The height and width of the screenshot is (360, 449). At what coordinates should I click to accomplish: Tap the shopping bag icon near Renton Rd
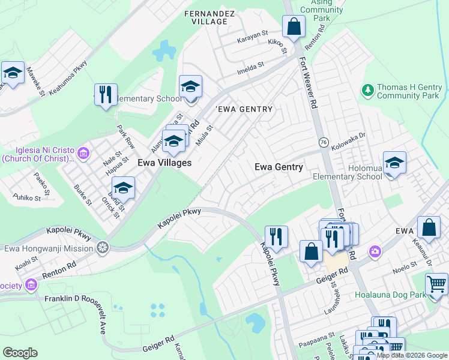point(294,27)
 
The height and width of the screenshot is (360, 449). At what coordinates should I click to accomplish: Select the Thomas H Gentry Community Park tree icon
point(368,91)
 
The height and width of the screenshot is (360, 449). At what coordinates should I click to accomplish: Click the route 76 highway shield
point(322,142)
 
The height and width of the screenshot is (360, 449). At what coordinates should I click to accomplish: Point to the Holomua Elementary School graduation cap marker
point(394,163)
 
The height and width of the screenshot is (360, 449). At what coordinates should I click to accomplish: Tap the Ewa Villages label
point(164,163)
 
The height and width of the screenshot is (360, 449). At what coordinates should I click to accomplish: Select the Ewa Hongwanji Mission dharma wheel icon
point(103,247)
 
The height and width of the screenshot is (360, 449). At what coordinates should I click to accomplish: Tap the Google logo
point(20,353)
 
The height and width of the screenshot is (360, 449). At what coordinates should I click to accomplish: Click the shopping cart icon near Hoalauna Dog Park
point(436,284)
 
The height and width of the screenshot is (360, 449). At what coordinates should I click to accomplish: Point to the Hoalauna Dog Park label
point(390,295)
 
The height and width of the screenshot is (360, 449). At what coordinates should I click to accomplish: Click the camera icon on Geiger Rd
point(375,250)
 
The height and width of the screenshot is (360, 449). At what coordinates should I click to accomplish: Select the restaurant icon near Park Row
point(106,95)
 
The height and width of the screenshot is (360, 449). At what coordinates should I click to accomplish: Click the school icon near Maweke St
point(13,73)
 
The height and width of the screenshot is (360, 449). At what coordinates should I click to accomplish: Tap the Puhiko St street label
point(27,197)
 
